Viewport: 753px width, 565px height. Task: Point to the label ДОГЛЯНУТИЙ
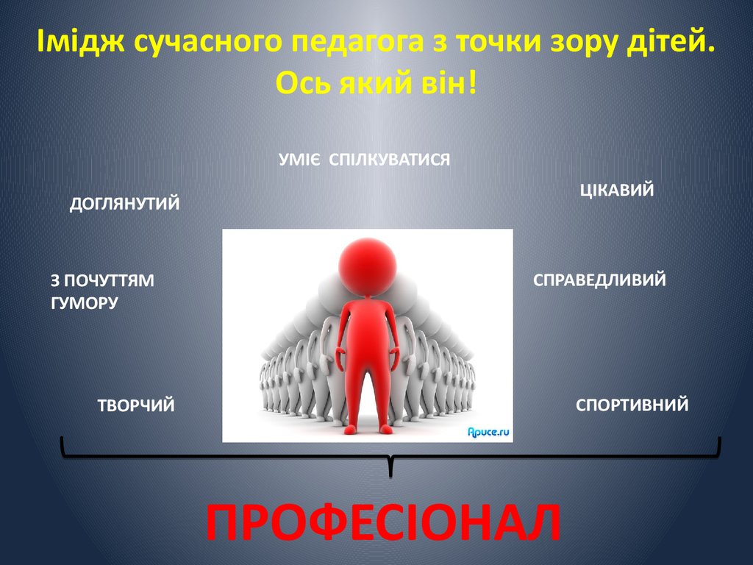point(124,204)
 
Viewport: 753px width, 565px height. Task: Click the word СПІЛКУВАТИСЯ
point(390,160)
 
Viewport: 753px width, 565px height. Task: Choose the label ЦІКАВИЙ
point(617,190)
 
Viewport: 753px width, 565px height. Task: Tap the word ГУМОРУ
point(85,303)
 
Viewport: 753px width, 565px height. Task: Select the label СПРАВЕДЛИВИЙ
point(600,280)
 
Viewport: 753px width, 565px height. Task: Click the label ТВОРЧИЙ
point(136,405)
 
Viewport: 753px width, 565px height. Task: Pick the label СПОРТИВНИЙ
point(632,405)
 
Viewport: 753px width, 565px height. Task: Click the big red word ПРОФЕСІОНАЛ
point(382,523)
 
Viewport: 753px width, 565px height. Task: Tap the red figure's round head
point(368,266)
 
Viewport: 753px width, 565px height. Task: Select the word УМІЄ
point(299,160)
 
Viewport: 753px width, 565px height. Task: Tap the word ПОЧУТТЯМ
point(109,280)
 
